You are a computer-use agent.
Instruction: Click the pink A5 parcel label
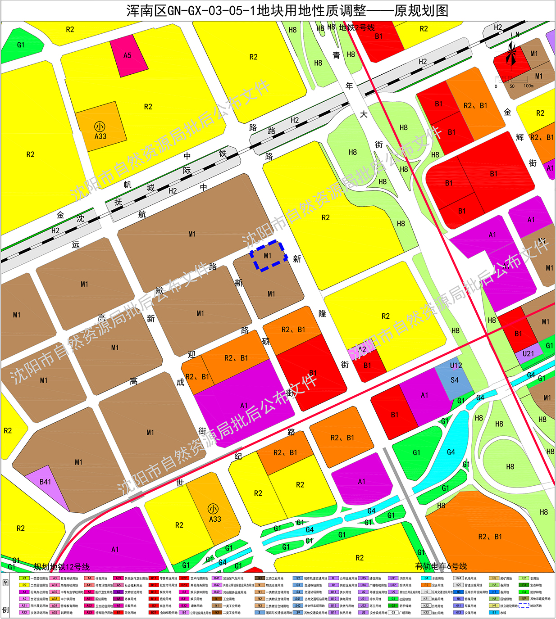click(128, 55)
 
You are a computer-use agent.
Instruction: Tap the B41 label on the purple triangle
click(45, 482)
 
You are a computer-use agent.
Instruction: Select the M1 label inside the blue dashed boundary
click(268, 256)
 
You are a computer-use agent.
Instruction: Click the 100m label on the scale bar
click(529, 86)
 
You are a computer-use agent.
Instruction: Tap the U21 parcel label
click(528, 354)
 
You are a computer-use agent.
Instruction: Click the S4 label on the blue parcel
click(455, 380)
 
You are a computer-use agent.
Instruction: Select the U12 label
click(456, 366)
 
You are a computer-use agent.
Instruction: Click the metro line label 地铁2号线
click(357, 27)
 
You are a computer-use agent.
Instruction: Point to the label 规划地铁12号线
click(62, 567)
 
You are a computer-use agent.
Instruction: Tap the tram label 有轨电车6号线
click(441, 566)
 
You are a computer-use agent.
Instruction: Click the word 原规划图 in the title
click(421, 10)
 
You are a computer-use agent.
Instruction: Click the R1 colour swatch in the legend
click(24, 578)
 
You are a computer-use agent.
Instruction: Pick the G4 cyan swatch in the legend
click(426, 578)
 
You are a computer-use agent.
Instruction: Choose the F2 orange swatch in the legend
click(426, 585)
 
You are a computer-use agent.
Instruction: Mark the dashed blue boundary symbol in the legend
click(524, 605)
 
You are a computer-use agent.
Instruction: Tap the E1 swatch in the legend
click(494, 612)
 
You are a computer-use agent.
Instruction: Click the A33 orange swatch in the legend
click(55, 599)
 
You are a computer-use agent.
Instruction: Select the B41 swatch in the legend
click(217, 578)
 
